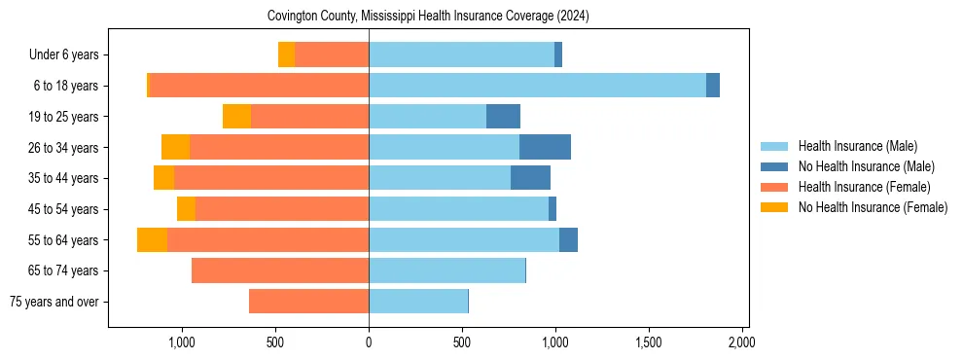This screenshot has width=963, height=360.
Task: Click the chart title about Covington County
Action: (428, 17)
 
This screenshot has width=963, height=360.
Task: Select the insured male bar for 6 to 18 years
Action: (537, 86)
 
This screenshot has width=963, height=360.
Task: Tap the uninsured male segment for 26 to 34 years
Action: (545, 147)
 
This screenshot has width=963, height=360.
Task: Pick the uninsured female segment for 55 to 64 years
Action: (152, 239)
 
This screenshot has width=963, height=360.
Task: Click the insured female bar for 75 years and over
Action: (308, 302)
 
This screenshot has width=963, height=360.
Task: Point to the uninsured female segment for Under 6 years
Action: (286, 54)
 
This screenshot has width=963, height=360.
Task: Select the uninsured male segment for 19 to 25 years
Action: (503, 117)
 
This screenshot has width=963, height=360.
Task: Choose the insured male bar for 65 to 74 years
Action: (446, 270)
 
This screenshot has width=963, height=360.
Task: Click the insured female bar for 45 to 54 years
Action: (282, 209)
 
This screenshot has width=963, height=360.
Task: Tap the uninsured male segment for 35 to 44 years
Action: (530, 178)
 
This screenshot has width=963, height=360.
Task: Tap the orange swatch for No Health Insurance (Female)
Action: (774, 207)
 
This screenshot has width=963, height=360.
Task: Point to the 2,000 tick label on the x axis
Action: (742, 343)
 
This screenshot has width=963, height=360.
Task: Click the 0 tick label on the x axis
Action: (369, 343)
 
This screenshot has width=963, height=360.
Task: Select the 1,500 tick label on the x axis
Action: (649, 343)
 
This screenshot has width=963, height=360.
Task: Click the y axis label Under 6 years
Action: (63, 54)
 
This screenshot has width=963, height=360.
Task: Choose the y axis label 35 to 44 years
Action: (64, 178)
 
